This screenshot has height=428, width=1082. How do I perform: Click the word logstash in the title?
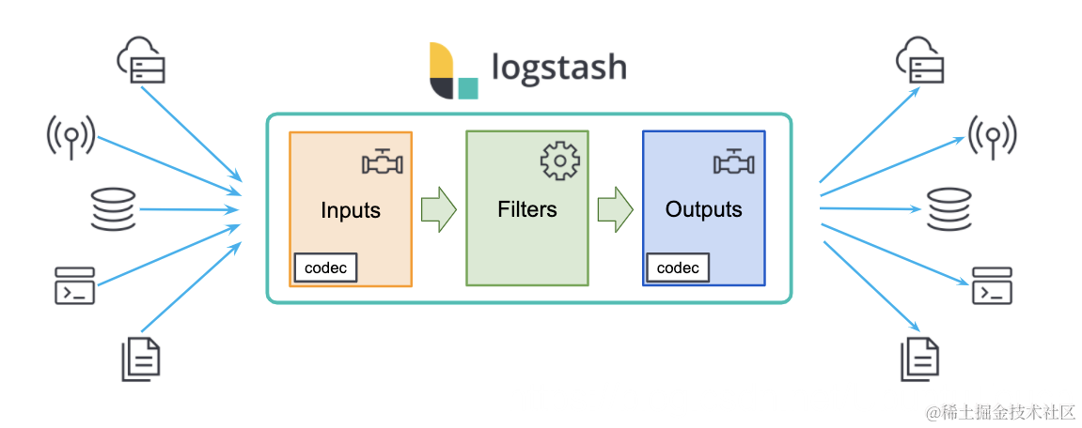(x=559, y=69)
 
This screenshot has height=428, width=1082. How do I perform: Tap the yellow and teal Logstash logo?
(x=453, y=70)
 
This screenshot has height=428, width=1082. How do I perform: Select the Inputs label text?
(x=351, y=210)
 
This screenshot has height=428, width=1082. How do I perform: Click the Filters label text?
(x=527, y=208)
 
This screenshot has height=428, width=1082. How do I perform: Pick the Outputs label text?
(x=704, y=208)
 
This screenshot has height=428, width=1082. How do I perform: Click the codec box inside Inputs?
(x=325, y=268)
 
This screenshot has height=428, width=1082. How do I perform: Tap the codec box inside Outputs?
(x=678, y=268)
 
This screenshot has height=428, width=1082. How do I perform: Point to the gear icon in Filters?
(x=560, y=160)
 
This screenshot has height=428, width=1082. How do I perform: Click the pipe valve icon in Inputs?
(x=383, y=162)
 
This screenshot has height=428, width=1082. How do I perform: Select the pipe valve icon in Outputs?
(x=734, y=162)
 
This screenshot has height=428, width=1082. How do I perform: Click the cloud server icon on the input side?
(x=142, y=61)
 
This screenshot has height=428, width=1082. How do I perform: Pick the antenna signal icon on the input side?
(x=70, y=136)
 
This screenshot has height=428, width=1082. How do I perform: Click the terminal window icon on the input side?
(x=74, y=285)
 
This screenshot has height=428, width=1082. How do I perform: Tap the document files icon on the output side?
(x=920, y=359)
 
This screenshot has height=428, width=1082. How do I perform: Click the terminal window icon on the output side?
(x=992, y=285)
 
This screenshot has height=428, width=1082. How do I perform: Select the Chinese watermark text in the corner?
(x=1000, y=412)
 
